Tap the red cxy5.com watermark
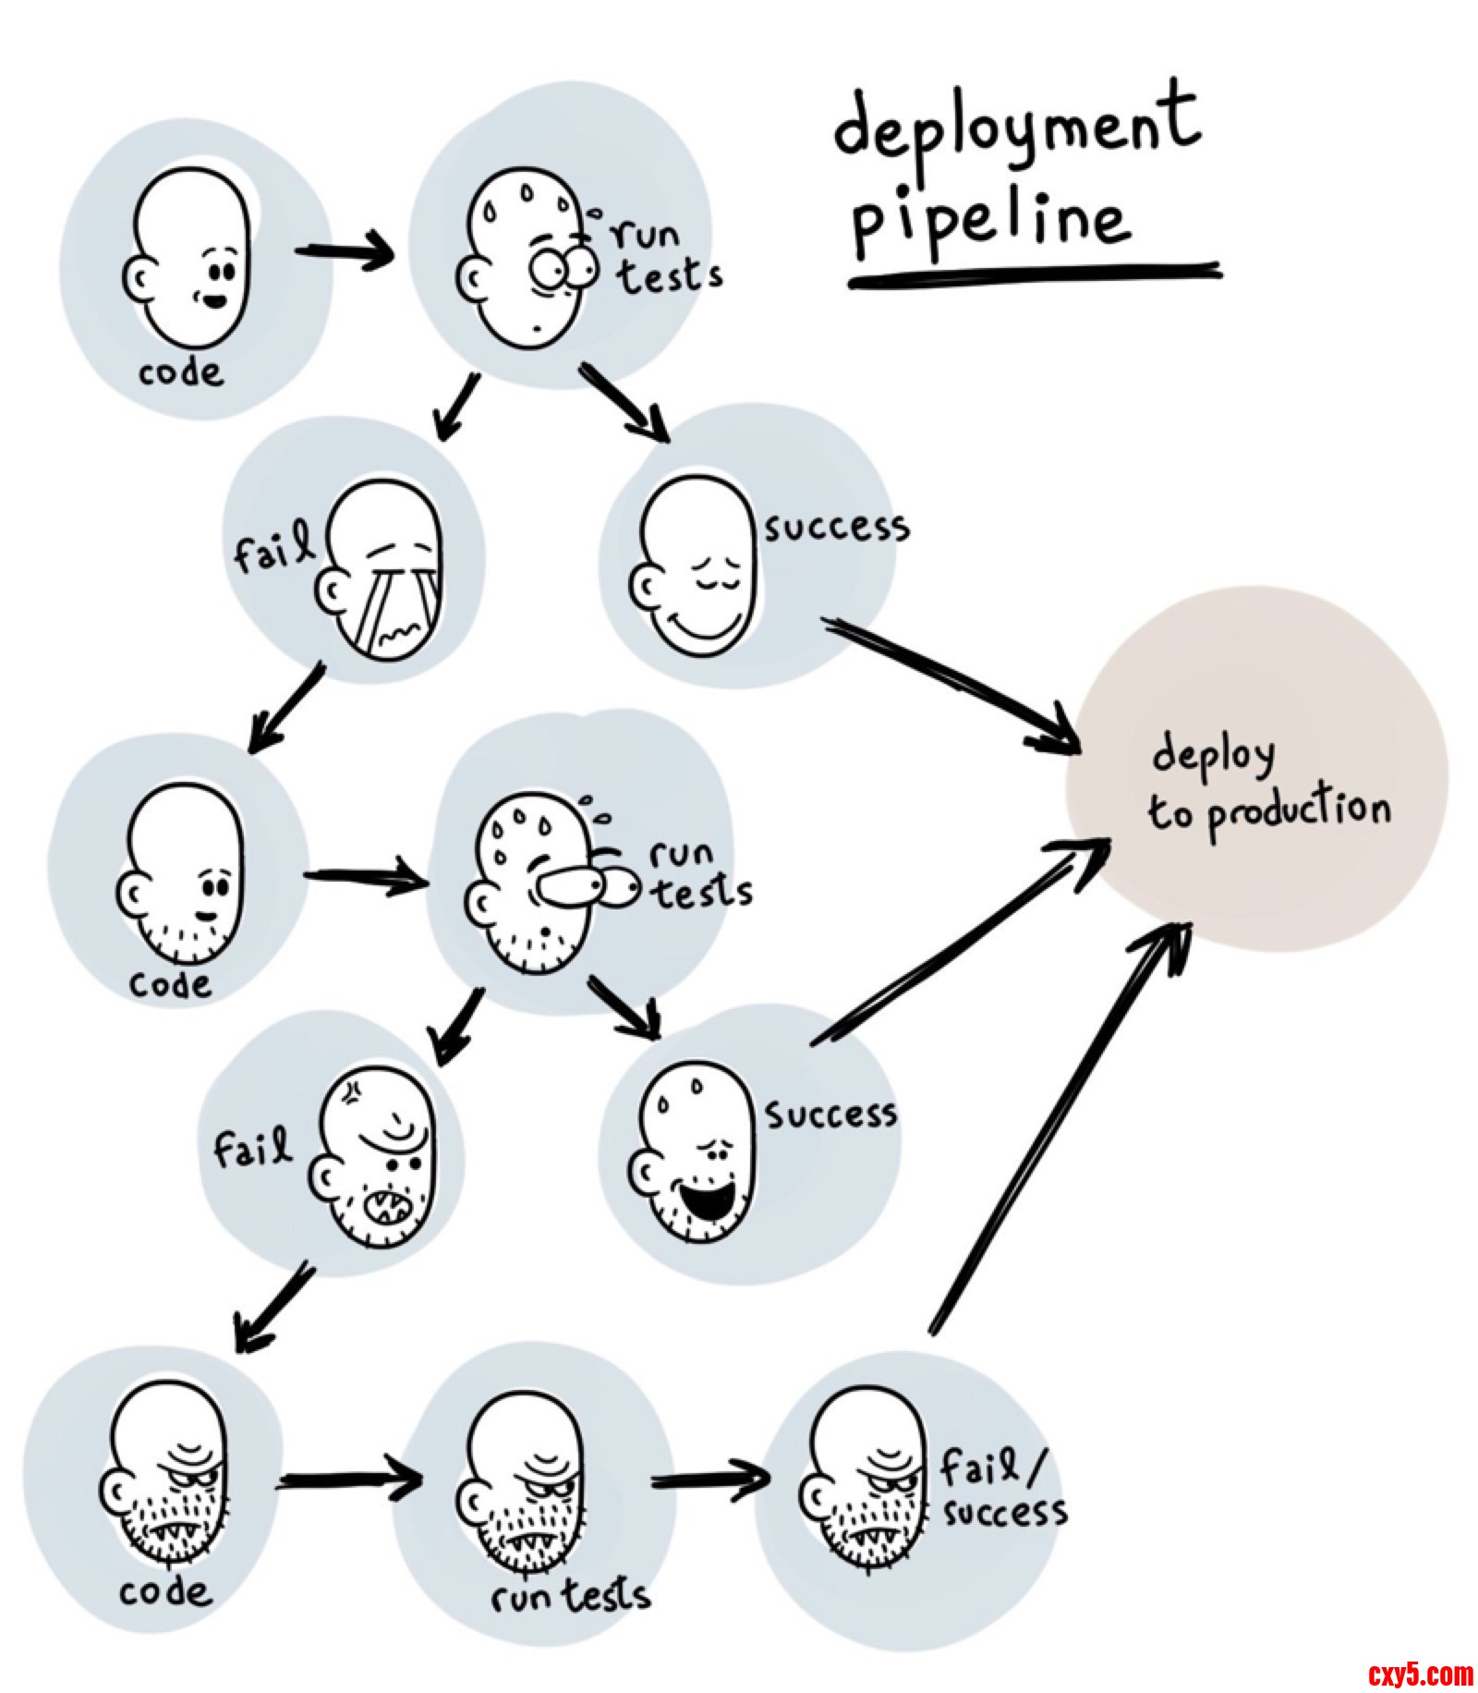click(x=1420, y=1673)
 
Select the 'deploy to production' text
click(x=1268, y=786)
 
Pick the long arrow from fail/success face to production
click(x=1058, y=1127)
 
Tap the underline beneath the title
click(x=1035, y=274)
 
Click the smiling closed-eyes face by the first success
click(x=693, y=566)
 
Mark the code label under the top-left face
click(x=181, y=372)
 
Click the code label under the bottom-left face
click(x=164, y=1591)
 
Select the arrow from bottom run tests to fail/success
click(x=709, y=1478)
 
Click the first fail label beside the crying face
click(x=271, y=552)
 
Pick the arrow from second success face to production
click(x=961, y=943)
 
